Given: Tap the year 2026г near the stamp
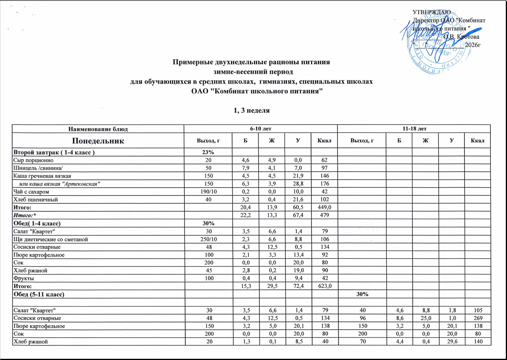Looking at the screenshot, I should coord(473,45).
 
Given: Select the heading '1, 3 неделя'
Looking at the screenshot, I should coord(252,110).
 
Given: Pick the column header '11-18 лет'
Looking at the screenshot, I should coord(414,129).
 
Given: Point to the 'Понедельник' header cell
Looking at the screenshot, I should coord(98,140).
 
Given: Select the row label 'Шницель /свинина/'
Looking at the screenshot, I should coord(37,168).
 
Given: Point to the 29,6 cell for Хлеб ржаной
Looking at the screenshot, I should coord(451,341).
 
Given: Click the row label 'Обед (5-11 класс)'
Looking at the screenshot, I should coord(39,294).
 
